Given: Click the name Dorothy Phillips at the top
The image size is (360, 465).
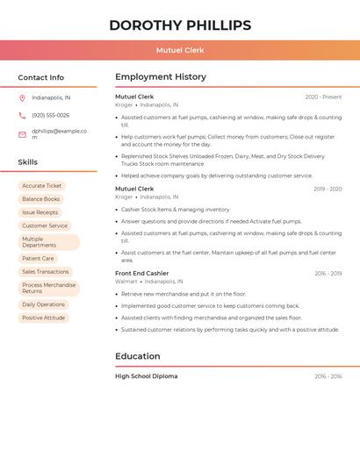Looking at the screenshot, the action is [180, 25].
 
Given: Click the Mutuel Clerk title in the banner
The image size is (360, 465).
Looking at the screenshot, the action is [180, 50].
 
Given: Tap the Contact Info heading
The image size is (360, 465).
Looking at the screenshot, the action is [40, 77].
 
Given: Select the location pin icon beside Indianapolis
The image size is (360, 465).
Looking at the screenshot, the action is [22, 98].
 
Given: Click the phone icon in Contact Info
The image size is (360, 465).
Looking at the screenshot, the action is [22, 116].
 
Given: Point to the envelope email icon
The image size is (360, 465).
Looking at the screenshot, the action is [22, 134].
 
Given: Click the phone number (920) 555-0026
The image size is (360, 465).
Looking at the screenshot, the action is [50, 116].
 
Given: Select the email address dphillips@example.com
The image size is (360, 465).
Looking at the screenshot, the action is [59, 133].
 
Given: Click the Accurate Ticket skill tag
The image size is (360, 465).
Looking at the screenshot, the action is [41, 186].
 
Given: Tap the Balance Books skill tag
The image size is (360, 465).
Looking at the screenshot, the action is [41, 199].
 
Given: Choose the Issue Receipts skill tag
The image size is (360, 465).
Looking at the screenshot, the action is [40, 212].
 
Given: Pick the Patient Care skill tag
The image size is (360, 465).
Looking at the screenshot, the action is [38, 259].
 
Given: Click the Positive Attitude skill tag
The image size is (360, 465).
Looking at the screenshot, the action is [44, 318].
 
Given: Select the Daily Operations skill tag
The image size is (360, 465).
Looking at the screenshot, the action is [44, 304].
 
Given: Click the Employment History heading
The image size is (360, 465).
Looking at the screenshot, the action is [161, 77].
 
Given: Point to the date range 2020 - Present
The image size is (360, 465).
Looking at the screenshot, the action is [323, 97].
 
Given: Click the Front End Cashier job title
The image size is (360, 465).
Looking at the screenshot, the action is [141, 273].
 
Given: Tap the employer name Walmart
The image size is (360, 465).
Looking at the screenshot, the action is [126, 282].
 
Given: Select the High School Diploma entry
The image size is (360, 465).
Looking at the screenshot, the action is [146, 376].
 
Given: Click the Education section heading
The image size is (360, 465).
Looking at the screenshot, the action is [138, 356].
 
